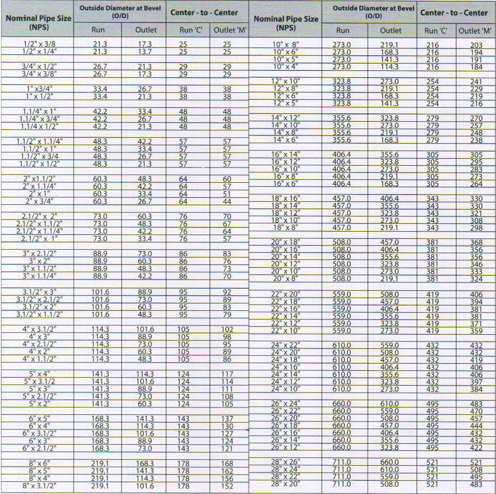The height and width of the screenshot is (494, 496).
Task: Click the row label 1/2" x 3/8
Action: click(x=40, y=44)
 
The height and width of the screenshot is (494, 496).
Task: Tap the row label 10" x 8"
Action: click(x=285, y=45)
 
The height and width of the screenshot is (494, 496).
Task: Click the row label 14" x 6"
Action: click(x=286, y=140)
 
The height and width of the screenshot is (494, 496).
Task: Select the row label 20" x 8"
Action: click(x=286, y=279)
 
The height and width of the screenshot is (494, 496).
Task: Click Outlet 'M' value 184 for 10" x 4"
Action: click(x=476, y=67)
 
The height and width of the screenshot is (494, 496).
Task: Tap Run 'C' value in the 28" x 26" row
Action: click(x=432, y=462)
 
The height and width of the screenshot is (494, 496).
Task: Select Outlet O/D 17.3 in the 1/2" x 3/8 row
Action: click(x=145, y=44)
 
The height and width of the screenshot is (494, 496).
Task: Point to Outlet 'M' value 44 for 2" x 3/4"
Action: click(x=227, y=201)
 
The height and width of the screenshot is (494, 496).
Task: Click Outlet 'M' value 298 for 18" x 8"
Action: click(x=476, y=228)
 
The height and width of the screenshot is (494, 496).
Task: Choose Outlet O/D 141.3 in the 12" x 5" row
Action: click(x=389, y=104)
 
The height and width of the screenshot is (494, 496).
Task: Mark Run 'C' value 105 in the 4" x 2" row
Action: click(x=183, y=352)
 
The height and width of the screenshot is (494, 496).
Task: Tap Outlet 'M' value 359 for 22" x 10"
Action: click(x=476, y=331)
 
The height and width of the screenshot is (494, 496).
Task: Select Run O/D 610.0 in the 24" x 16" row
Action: click(x=342, y=367)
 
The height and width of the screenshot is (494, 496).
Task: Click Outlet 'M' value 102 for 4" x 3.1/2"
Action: click(x=227, y=330)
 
